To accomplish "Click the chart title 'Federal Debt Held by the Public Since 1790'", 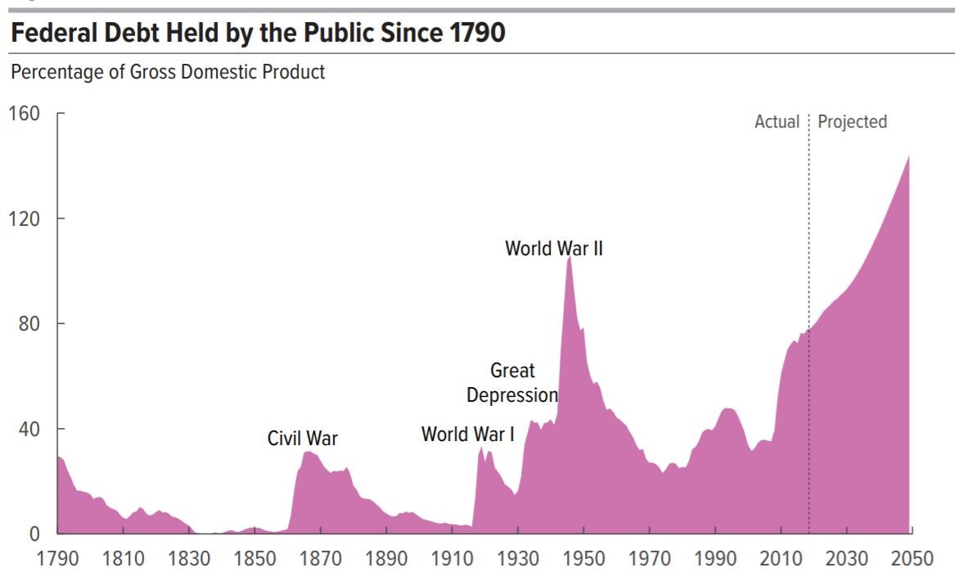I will pos(259,34).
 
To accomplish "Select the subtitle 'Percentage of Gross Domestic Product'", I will pos(168,72).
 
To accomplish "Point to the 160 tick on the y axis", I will pos(24,114).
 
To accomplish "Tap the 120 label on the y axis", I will pos(24,218).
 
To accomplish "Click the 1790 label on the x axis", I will pos(57,559).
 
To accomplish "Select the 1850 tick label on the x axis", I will pos(255,559).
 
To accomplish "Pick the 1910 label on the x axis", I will pos(452,559).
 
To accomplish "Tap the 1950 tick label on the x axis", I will pos(583,559).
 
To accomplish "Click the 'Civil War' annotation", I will pos(302,439).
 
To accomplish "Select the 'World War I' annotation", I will pos(467,434).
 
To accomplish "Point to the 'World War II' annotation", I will pos(553,248).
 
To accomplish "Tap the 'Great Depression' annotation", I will pos(512,383).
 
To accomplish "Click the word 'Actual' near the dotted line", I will pos(777,122).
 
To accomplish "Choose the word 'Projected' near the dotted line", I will pos(852,122).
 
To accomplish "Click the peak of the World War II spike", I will pos(569,258).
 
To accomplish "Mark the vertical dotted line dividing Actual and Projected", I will pos(809,327).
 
